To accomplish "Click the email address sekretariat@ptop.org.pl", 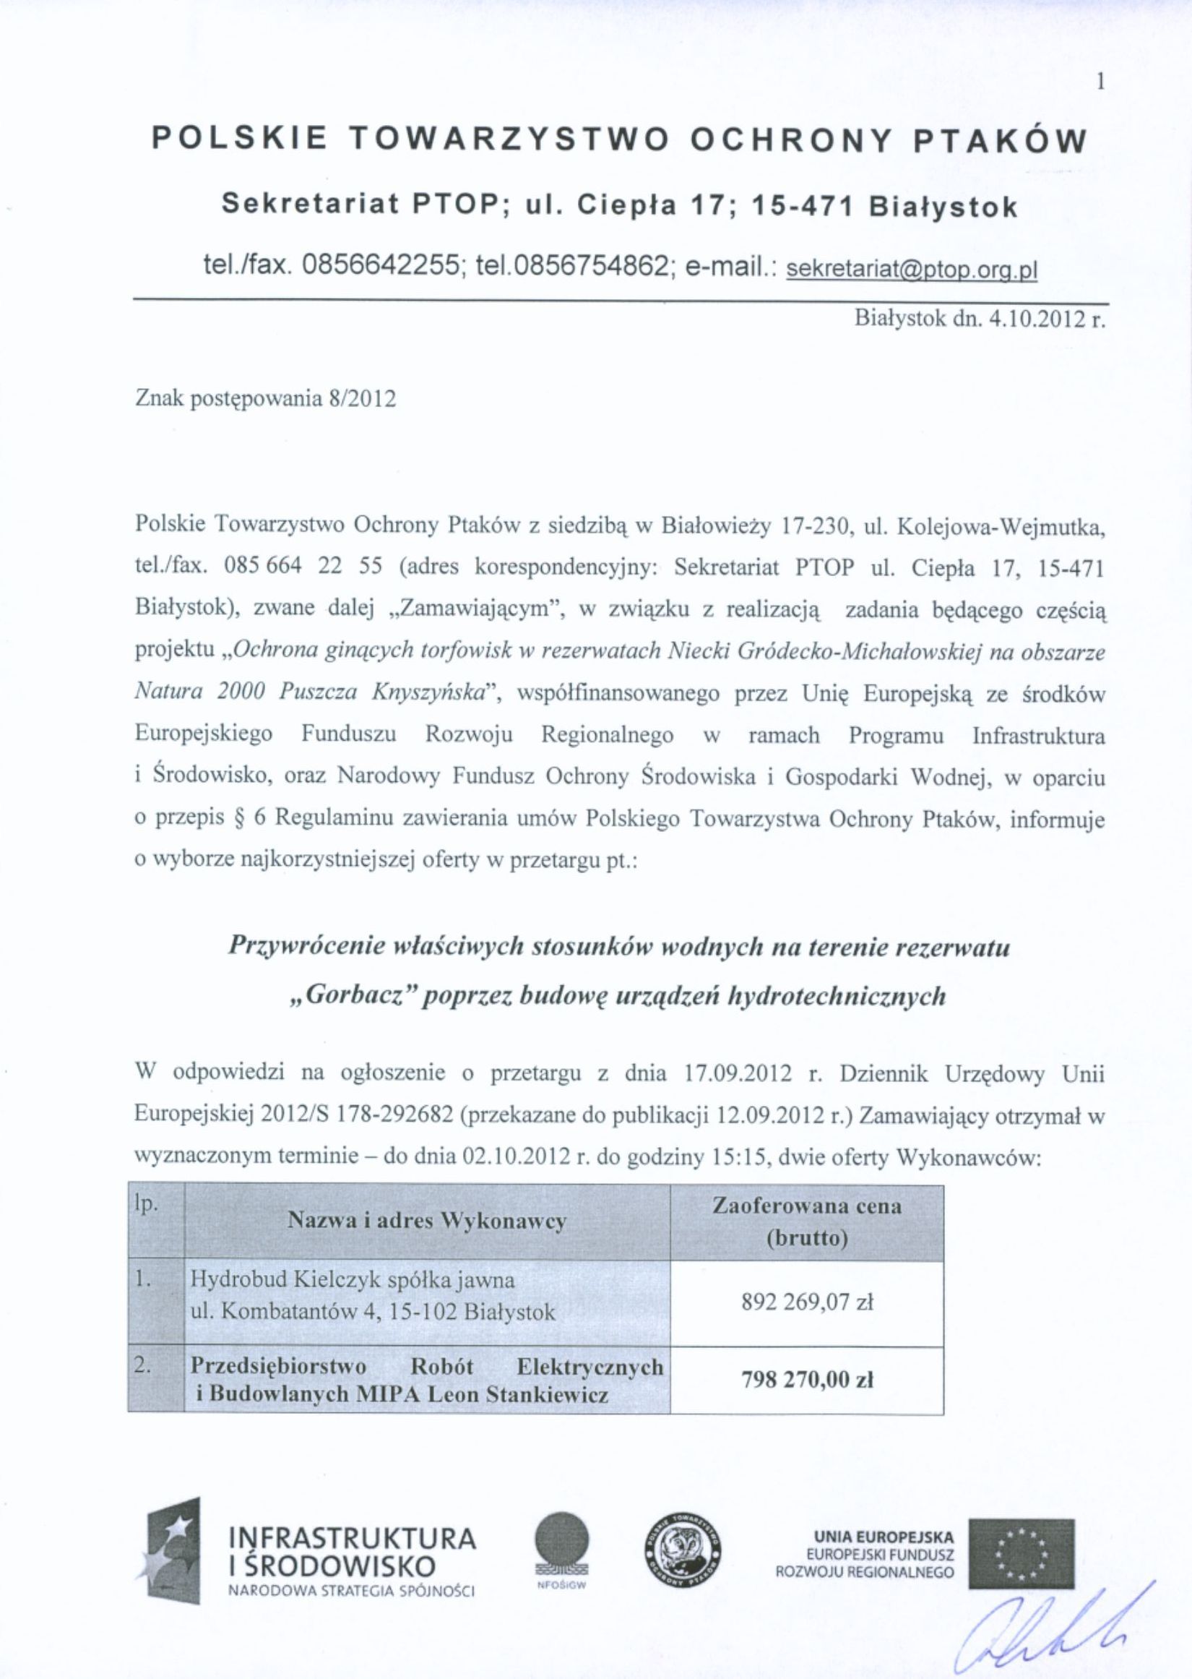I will [911, 270].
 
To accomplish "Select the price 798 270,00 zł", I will [806, 1380].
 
